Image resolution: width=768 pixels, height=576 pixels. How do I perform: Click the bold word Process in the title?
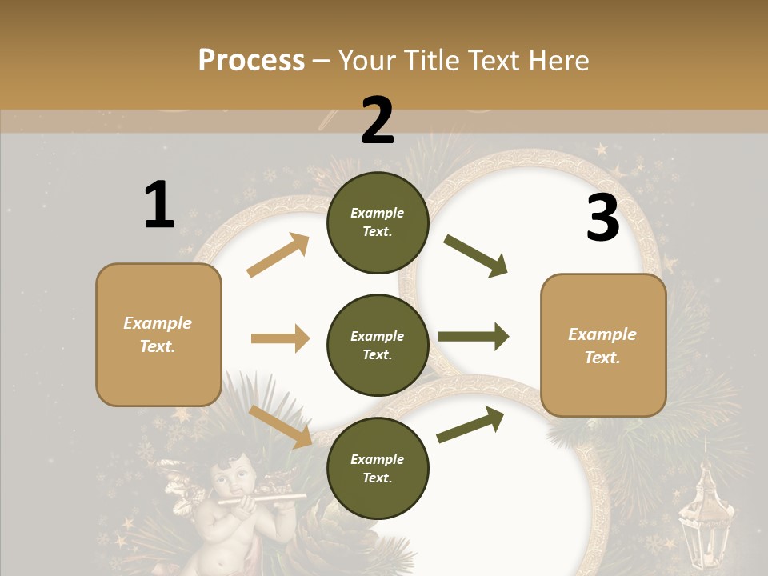point(251,60)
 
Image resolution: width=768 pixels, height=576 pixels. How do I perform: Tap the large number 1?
point(159,205)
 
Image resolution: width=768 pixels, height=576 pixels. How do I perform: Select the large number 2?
point(378,121)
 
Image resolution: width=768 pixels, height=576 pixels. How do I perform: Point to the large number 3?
point(602,218)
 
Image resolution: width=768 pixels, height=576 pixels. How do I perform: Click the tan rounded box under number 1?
point(158,334)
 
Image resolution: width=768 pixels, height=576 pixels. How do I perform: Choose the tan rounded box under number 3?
point(603,345)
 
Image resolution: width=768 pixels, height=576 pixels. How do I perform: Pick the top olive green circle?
point(378,222)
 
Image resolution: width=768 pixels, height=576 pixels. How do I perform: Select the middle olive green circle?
point(378,345)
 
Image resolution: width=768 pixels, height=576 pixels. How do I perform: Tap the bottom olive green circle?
point(378,468)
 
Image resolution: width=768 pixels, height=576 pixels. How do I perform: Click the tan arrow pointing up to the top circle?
point(278,256)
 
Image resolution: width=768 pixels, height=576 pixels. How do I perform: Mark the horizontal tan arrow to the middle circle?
point(280,338)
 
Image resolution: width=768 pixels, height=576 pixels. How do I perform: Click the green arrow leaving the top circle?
point(476,256)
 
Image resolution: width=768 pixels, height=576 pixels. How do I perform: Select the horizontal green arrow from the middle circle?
point(474,337)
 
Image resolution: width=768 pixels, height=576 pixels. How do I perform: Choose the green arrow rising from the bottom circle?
point(470,424)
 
